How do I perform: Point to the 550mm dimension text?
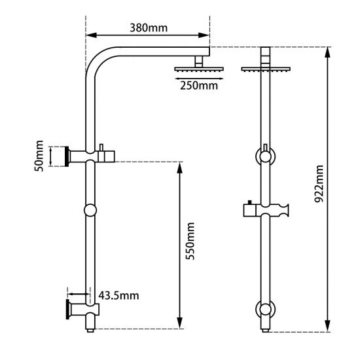coord(191,241)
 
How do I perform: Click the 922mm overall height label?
coord(319,186)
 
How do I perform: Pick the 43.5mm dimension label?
coord(118,295)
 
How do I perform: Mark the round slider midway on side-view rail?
coord(90,210)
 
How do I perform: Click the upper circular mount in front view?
coord(264,157)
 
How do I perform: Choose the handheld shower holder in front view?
coord(264,211)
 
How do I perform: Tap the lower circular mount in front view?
coord(264,309)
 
